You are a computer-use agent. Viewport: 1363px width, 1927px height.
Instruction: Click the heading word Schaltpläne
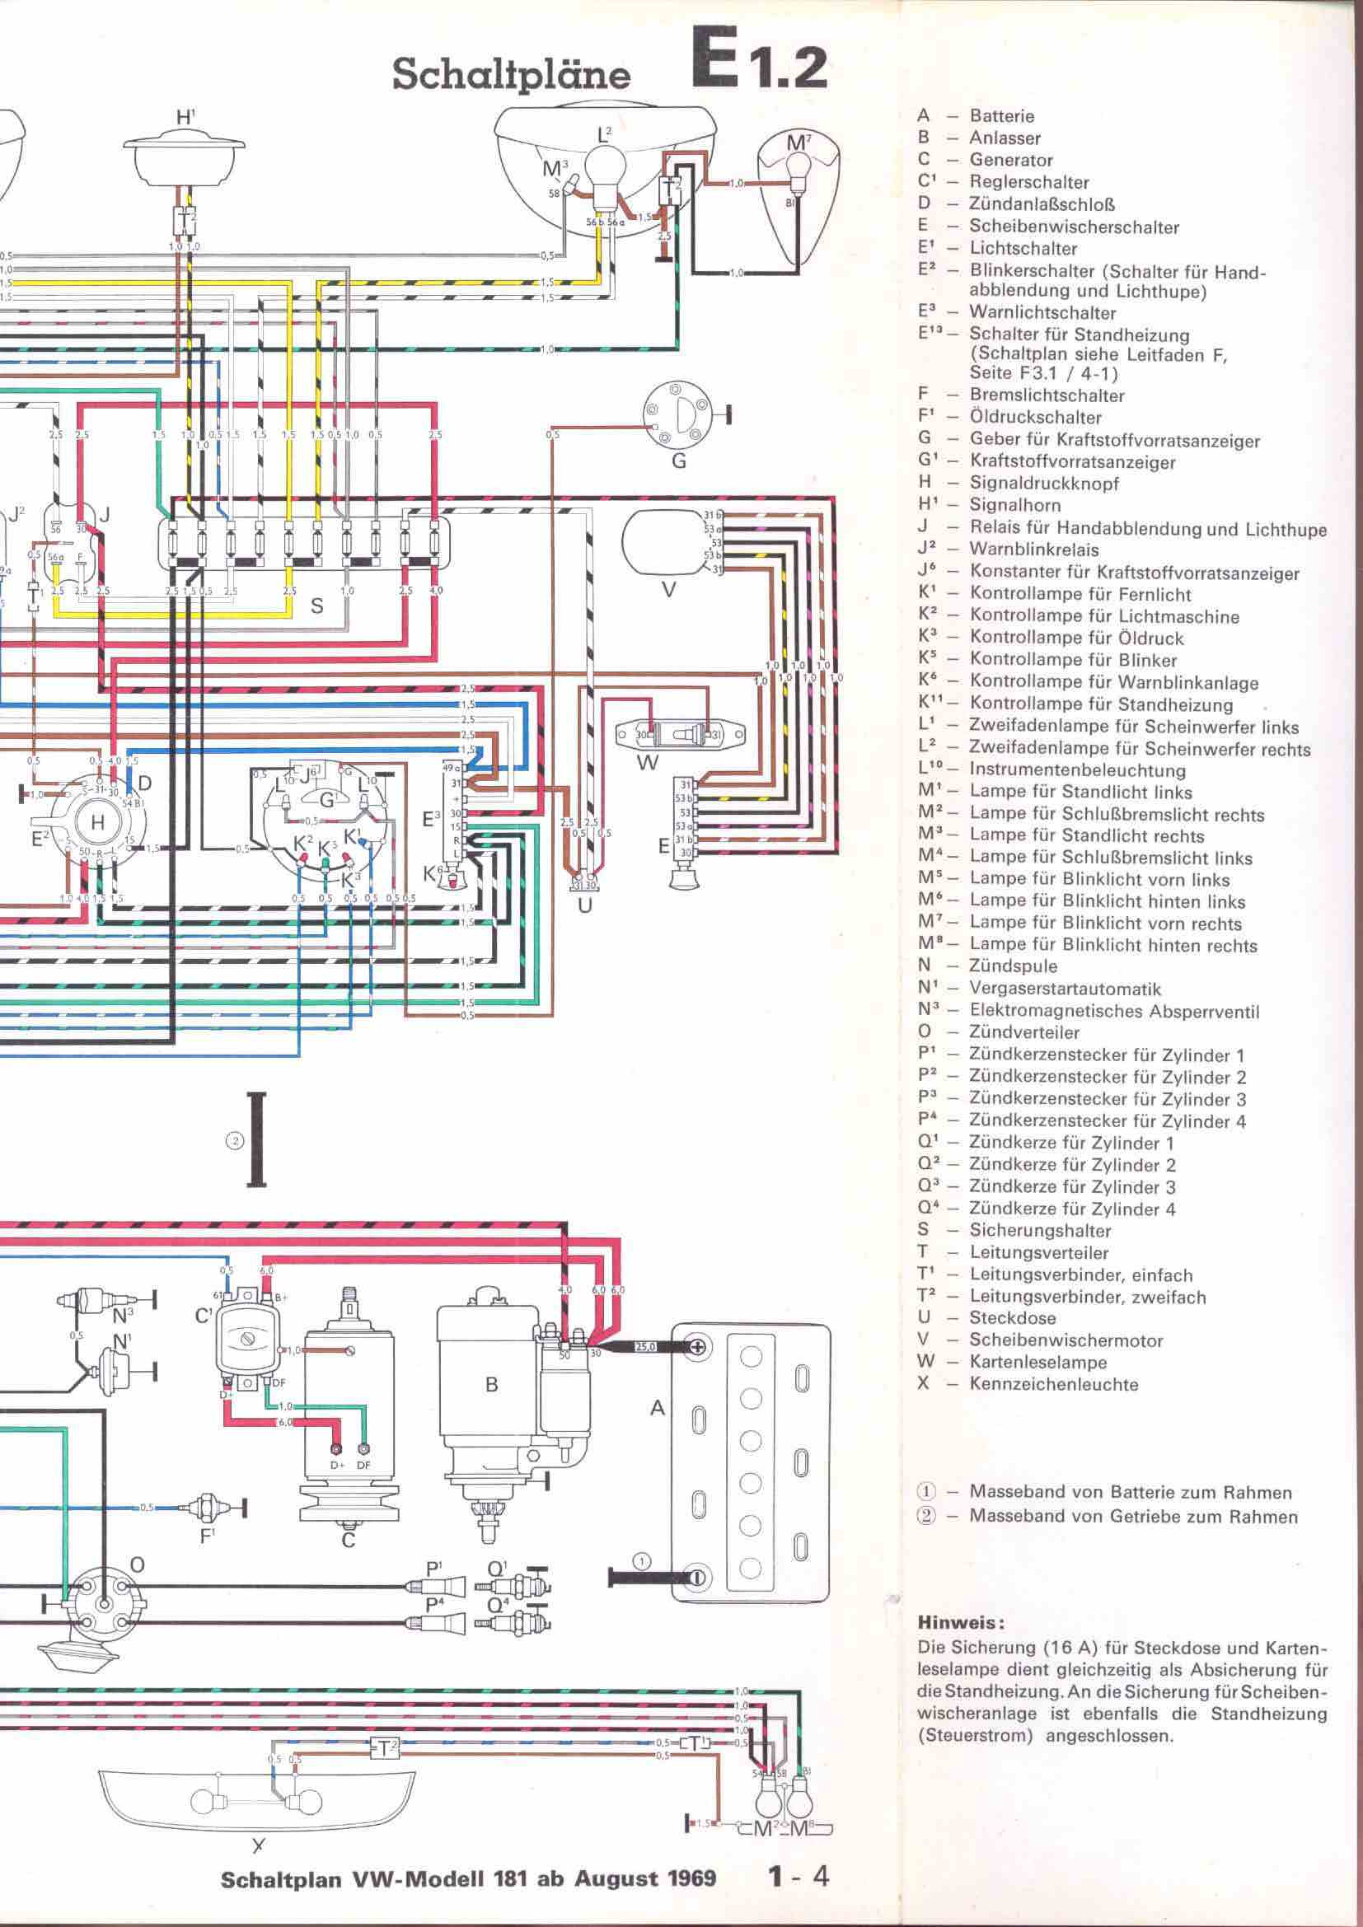[x=511, y=76]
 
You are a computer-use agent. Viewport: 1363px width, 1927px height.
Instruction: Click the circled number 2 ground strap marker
[x=236, y=1140]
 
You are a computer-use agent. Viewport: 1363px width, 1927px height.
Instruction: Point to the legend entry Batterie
[x=1001, y=117]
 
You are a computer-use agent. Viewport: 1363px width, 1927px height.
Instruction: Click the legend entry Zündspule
[x=1012, y=966]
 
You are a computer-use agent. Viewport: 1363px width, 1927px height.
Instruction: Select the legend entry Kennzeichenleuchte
[x=1053, y=1384]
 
